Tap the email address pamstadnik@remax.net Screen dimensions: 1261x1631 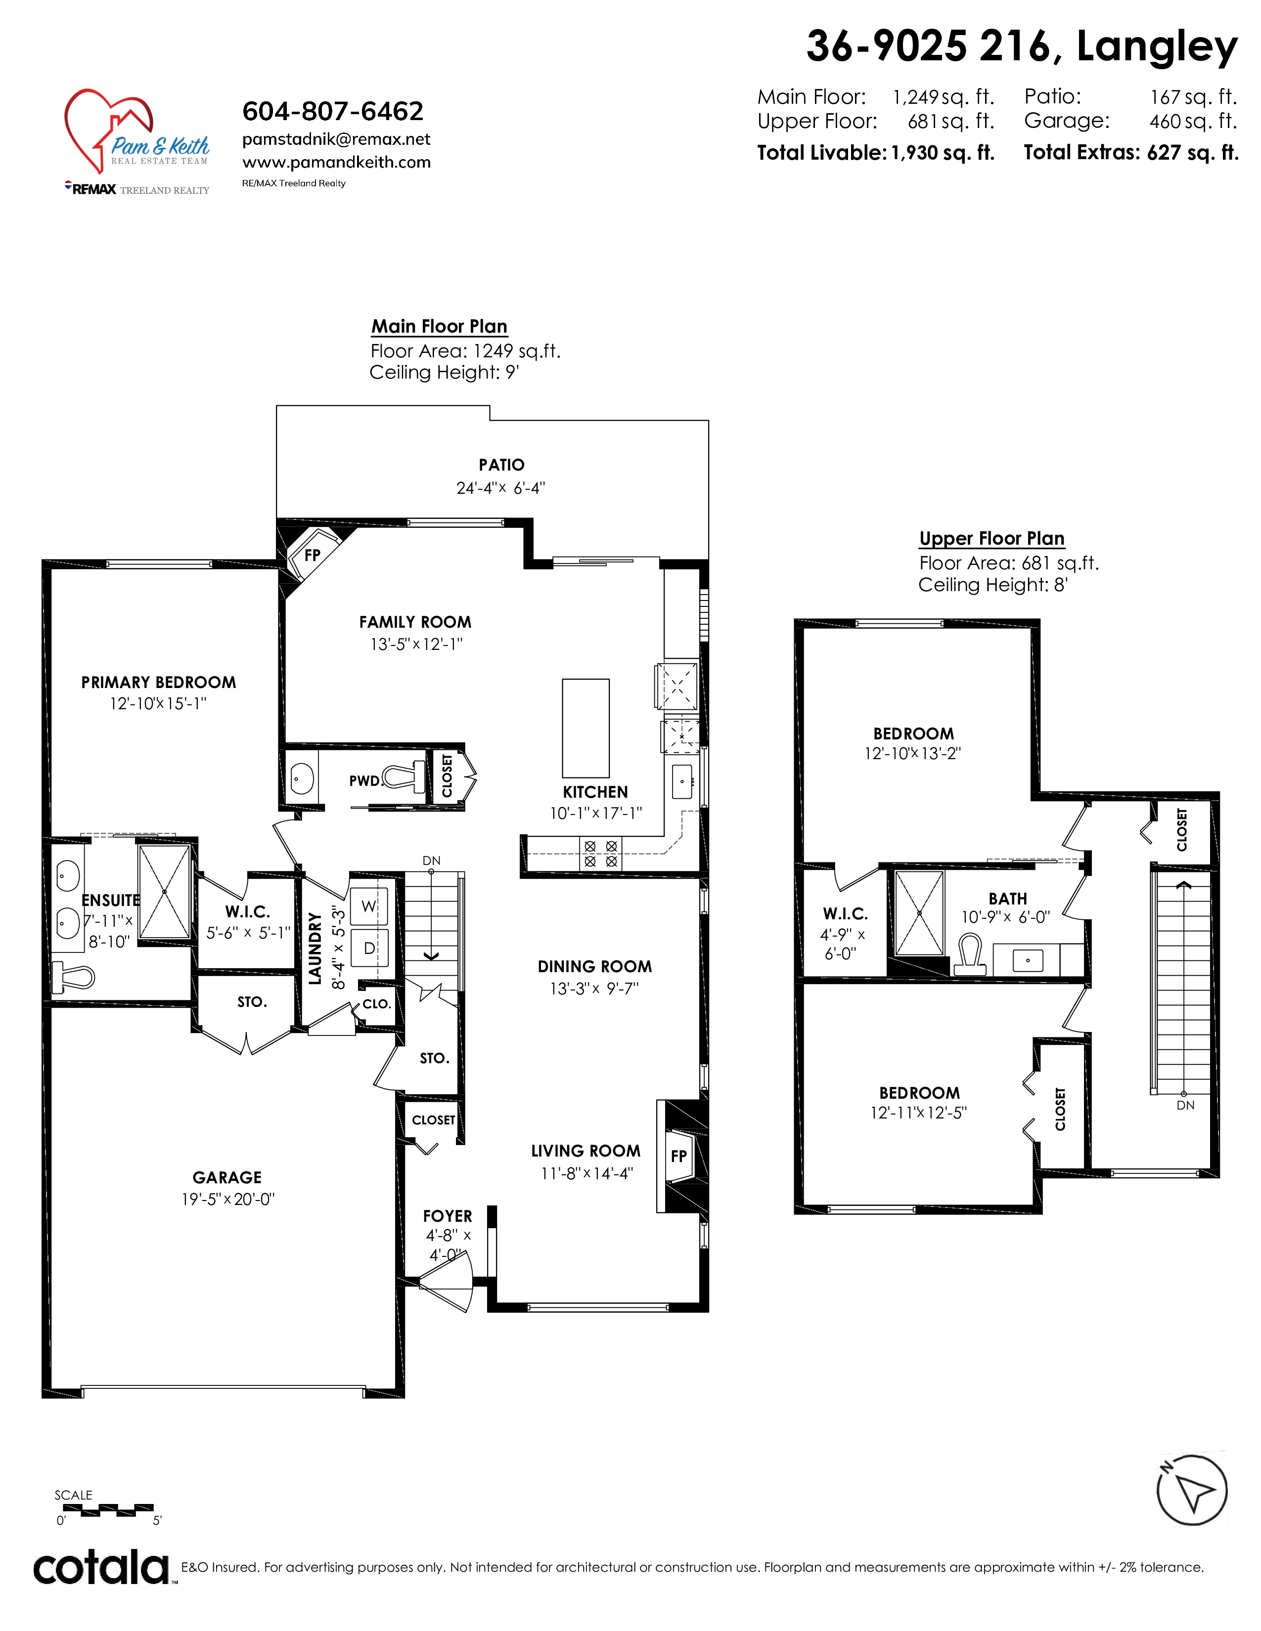(x=336, y=140)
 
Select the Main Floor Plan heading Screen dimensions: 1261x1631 (x=439, y=326)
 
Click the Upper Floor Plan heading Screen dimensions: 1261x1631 (x=991, y=538)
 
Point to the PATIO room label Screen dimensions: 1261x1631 (x=501, y=465)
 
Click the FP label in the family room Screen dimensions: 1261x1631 (x=312, y=555)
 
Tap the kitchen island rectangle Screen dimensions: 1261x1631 (x=585, y=728)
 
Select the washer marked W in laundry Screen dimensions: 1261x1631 (x=369, y=906)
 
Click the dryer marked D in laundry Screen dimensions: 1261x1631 (x=369, y=947)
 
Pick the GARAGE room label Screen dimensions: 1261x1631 (x=227, y=1178)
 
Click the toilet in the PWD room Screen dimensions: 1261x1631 (x=404, y=777)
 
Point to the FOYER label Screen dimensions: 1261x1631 (x=448, y=1216)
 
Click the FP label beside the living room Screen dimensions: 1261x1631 (x=678, y=1156)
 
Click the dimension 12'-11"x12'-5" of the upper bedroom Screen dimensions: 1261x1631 (x=918, y=1113)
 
